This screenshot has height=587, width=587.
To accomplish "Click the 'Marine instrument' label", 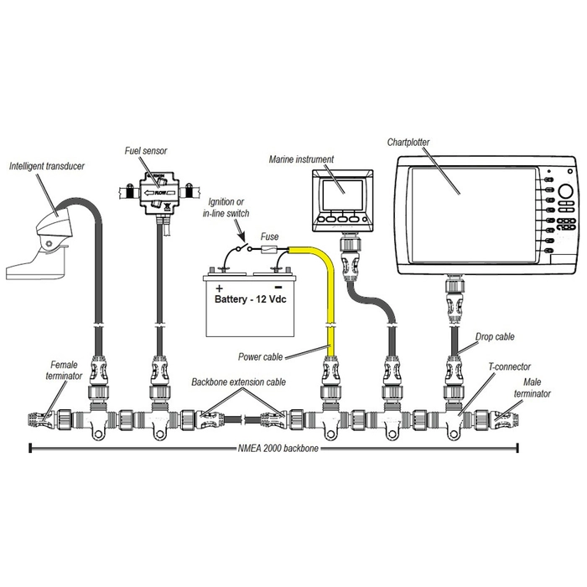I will (x=301, y=158).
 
